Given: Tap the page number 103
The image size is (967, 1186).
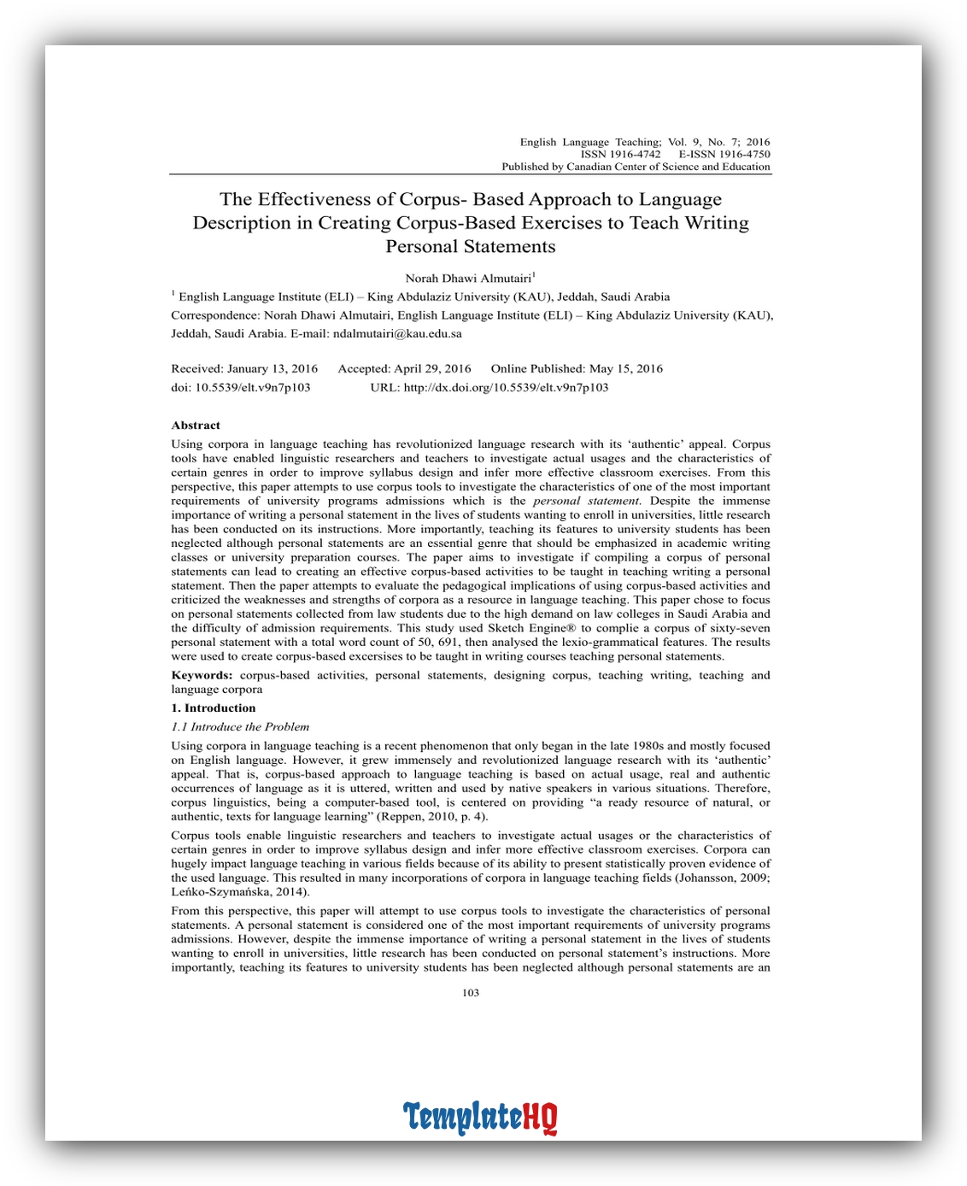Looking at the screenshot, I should (471, 993).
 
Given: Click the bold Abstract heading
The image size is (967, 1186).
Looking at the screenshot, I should (196, 426).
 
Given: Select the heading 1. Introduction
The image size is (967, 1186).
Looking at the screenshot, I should (214, 708).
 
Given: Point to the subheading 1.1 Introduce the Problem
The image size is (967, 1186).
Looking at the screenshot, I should (240, 727).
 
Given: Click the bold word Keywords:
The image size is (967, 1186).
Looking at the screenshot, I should (202, 676).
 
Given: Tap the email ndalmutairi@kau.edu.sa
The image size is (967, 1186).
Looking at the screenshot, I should (397, 334).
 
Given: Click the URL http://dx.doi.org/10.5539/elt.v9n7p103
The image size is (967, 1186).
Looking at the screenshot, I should (506, 388).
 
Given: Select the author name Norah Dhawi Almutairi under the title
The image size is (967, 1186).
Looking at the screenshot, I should (468, 279).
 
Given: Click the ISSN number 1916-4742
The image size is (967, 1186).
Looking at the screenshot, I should (635, 155).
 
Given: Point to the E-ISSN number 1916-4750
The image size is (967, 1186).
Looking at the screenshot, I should (744, 155).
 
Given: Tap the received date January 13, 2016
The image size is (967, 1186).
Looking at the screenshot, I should (272, 369).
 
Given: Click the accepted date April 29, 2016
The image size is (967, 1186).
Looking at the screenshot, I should (432, 369).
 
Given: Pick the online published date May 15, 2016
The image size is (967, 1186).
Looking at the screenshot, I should (625, 369).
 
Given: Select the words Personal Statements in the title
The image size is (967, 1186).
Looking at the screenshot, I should (471, 247).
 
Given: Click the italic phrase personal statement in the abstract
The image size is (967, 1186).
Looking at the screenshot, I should (586, 502).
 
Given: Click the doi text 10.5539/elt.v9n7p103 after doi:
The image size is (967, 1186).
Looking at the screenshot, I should (253, 388).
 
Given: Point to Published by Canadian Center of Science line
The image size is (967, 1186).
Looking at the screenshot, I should (636, 167).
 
